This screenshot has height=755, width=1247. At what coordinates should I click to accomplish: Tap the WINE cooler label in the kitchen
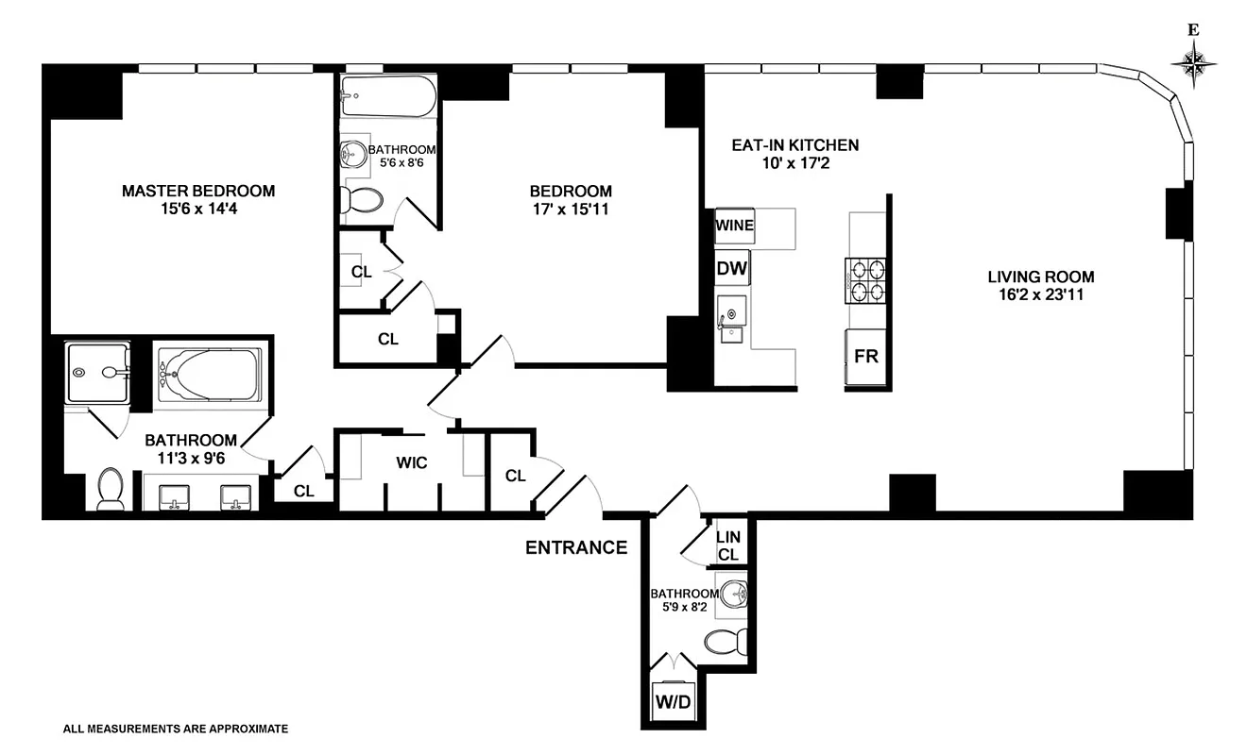(734, 226)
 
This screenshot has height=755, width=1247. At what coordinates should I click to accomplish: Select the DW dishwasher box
(732, 269)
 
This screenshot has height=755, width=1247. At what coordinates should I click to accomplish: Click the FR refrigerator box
(866, 358)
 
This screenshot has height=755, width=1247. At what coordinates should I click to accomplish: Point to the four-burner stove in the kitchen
(867, 280)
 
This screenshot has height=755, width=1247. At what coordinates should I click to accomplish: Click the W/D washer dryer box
(672, 703)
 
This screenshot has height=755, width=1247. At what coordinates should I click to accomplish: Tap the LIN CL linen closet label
(727, 545)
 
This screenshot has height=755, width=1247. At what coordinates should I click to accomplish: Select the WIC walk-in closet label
(412, 462)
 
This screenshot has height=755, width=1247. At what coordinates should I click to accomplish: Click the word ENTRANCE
(576, 547)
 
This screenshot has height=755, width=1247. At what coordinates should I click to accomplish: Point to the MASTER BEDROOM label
(198, 192)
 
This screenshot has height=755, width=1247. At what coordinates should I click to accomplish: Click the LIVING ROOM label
(1041, 277)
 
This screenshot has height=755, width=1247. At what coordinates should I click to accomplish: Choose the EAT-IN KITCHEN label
(795, 145)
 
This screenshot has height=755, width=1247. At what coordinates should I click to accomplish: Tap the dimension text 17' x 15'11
(571, 210)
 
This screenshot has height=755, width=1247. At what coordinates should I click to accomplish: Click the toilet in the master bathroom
(111, 489)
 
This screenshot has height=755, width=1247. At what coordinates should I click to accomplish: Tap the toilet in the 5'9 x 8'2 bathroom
(726, 641)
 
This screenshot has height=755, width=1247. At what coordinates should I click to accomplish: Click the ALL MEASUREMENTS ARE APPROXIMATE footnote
(175, 729)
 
